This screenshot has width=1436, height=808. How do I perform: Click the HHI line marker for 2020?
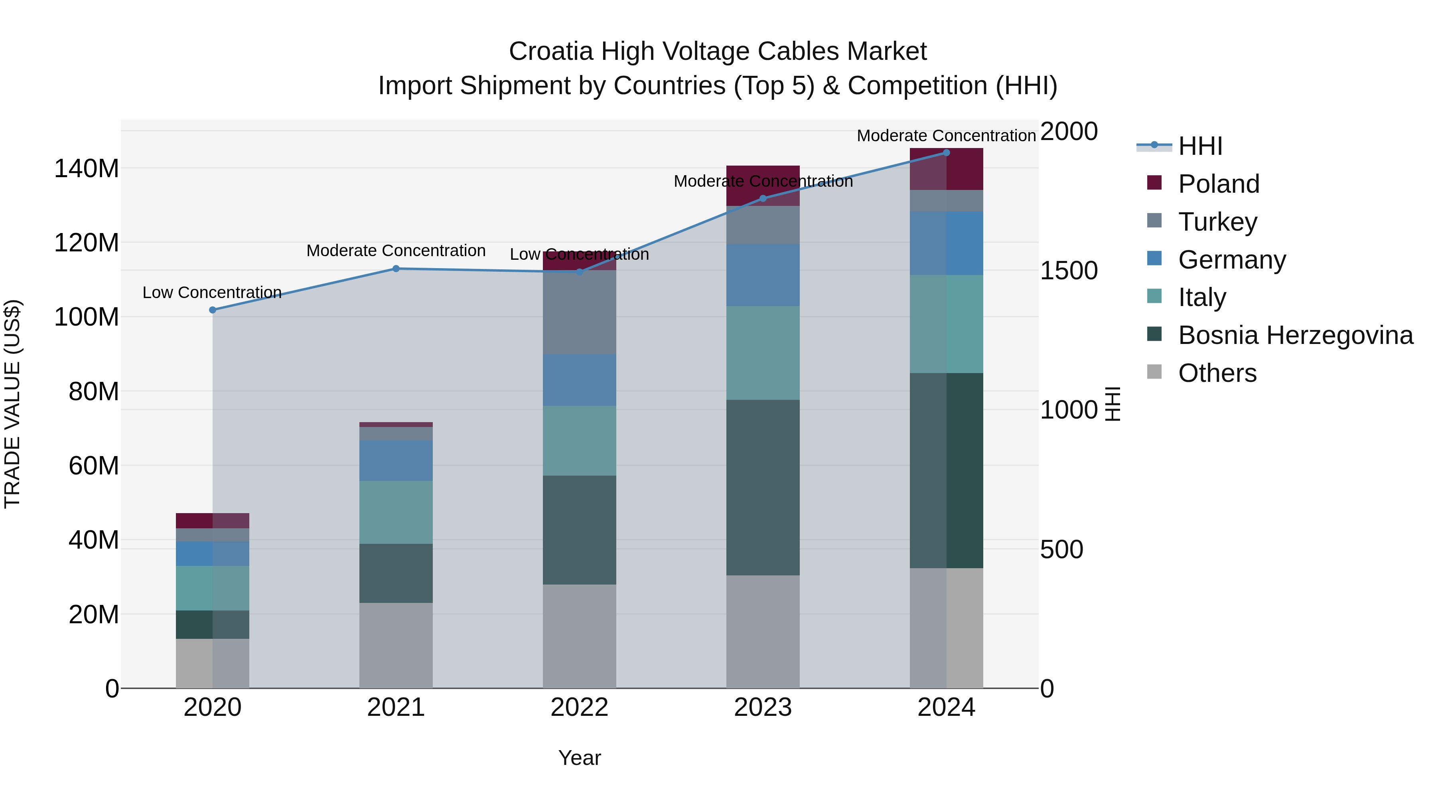[x=212, y=310]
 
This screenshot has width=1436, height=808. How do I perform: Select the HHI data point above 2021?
[x=396, y=269]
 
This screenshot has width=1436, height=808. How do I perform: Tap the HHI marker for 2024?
[x=946, y=153]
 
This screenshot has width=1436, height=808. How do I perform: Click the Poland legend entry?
[x=1218, y=184]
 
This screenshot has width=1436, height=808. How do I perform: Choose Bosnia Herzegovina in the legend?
[x=1295, y=335]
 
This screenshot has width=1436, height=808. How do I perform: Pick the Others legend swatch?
[x=1154, y=372]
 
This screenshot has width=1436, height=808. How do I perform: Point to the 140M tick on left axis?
[x=87, y=168]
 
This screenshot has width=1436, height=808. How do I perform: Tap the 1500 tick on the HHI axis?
[x=1069, y=271]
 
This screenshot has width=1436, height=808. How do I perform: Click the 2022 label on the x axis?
[x=579, y=707]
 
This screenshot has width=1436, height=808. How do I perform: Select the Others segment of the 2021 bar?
[x=396, y=645]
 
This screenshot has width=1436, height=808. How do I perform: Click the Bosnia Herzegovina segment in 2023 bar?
[x=763, y=487]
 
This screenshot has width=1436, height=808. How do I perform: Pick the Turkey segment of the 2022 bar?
[x=579, y=312]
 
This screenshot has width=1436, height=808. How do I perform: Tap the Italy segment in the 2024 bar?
[x=946, y=324]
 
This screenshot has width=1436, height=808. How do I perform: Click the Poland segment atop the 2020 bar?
[x=212, y=520]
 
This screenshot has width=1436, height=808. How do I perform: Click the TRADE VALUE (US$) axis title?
[x=12, y=404]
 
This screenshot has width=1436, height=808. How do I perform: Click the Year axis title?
[x=579, y=758]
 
